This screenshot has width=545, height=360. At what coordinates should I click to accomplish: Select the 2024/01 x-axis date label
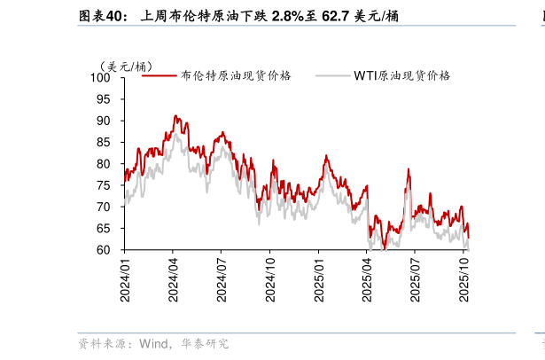126,278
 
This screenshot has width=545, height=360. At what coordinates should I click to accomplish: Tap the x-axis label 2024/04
174,278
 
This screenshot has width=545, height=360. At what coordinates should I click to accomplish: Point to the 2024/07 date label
222,278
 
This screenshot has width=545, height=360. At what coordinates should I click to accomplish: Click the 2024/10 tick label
271,278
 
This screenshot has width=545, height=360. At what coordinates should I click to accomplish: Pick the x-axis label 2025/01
320,278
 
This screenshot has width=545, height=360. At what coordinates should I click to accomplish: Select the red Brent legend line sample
160,76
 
